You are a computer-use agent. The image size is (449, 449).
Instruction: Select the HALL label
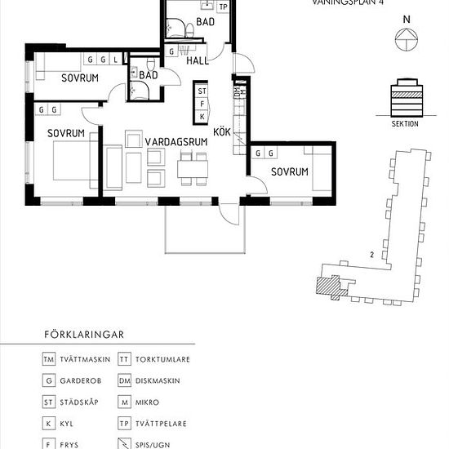click(198, 60)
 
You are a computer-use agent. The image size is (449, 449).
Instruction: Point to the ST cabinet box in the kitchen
click(202, 91)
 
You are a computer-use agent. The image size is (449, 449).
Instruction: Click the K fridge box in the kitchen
click(202, 116)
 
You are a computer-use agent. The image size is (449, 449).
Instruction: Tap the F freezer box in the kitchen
click(202, 103)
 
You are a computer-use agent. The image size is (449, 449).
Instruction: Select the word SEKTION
click(404, 124)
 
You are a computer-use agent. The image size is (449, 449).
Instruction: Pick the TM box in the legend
click(50, 359)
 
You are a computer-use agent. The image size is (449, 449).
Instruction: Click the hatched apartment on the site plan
click(327, 285)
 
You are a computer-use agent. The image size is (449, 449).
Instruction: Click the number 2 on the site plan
click(371, 256)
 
